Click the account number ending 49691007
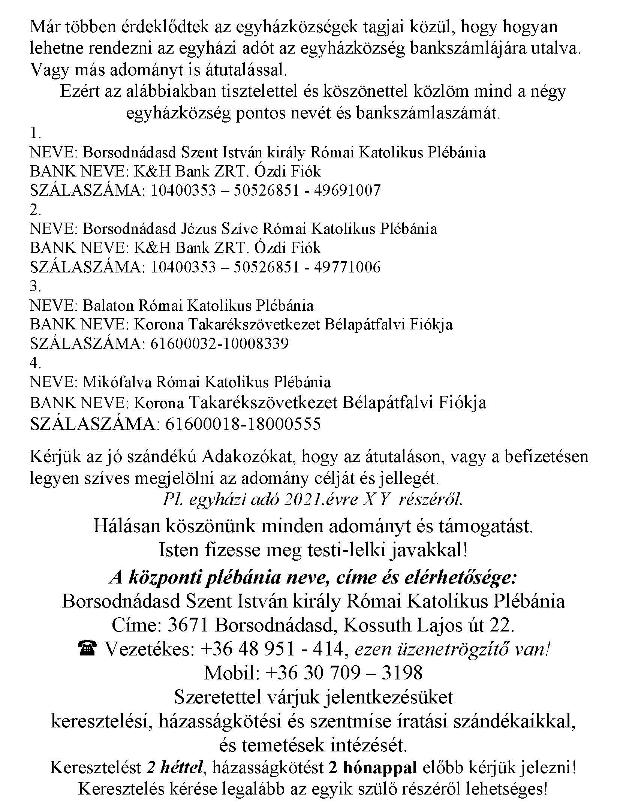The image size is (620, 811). (265, 191)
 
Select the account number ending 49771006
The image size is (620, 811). (265, 267)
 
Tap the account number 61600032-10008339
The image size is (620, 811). (219, 344)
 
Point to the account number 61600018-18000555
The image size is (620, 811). (243, 424)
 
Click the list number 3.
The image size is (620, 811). (35, 287)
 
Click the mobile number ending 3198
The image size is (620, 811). (344, 673)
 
